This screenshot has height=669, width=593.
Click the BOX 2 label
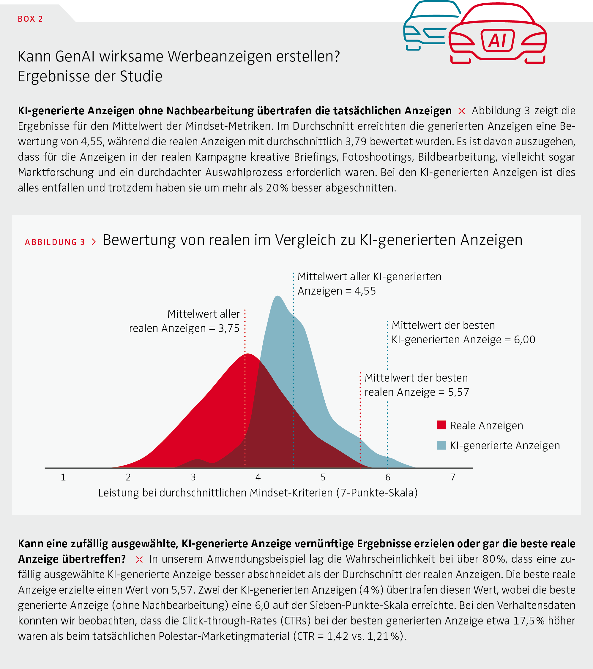(x=30, y=19)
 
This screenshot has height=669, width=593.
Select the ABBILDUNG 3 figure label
(x=55, y=242)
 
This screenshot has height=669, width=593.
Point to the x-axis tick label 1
(x=63, y=477)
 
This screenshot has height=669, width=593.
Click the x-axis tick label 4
(x=258, y=477)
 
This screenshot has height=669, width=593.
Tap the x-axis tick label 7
(x=453, y=477)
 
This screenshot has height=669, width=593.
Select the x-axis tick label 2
(x=128, y=477)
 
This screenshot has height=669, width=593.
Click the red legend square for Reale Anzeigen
(x=441, y=425)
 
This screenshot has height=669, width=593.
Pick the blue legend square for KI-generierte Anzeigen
(x=441, y=445)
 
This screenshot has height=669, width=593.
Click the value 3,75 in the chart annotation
(x=229, y=328)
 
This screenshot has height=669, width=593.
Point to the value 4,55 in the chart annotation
(x=365, y=291)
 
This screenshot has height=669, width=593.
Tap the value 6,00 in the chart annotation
(x=525, y=340)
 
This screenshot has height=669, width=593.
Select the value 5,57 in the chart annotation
(x=459, y=392)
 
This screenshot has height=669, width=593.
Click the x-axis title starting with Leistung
(x=258, y=493)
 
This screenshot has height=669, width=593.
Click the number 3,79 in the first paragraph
(x=356, y=141)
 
